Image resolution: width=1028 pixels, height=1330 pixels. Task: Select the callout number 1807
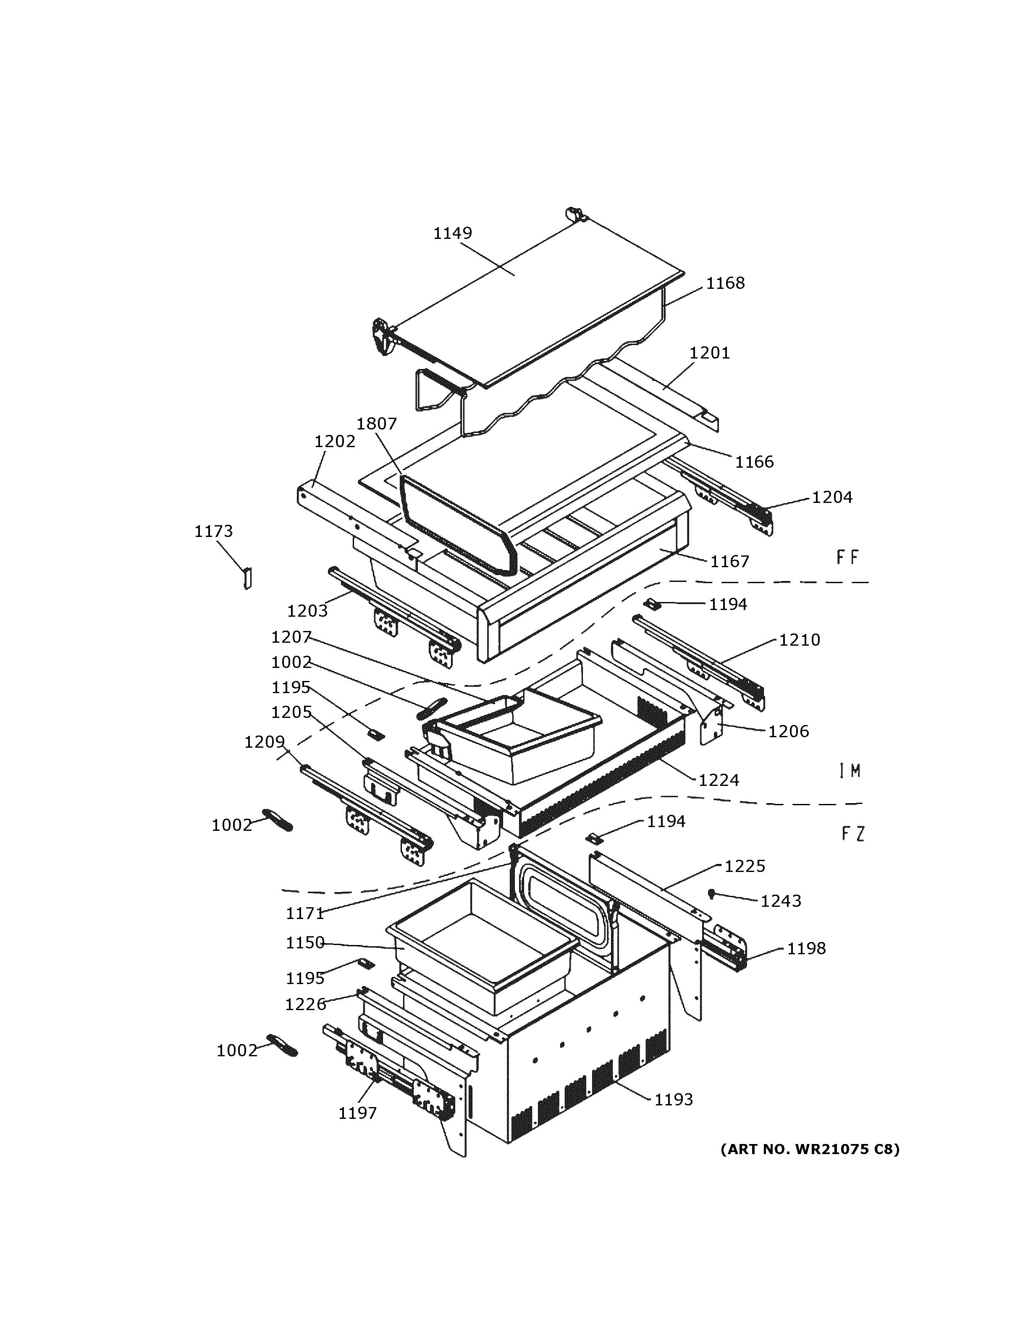(x=376, y=423)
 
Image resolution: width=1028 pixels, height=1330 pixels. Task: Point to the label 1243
(x=781, y=901)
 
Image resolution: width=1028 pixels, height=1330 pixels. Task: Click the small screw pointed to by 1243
(x=711, y=893)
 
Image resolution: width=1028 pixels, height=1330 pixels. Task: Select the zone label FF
(x=847, y=557)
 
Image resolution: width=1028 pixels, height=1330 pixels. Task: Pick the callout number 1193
(x=674, y=1099)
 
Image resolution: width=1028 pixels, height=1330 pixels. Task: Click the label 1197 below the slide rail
(x=357, y=1113)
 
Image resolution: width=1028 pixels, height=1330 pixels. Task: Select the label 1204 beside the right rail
(x=832, y=497)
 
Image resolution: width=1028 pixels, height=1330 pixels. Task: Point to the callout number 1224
(x=719, y=780)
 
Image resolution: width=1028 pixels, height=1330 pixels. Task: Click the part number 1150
(x=305, y=943)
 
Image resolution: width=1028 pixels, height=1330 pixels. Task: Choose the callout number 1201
(x=710, y=353)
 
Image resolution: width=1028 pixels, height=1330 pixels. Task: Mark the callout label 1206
(x=788, y=731)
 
